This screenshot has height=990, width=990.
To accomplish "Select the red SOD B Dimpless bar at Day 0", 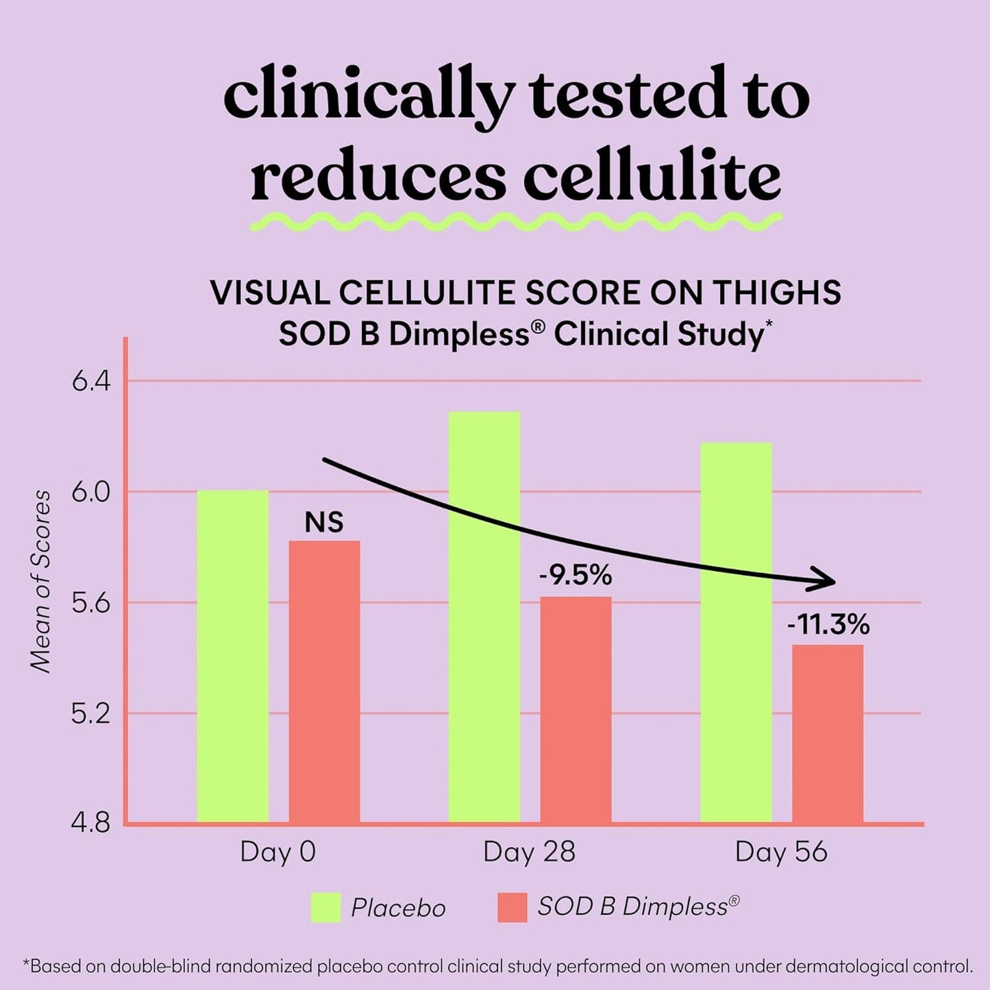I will [324, 681].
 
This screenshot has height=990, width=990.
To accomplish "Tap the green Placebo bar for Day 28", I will [484, 617].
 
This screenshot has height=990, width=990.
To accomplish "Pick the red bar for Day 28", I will [576, 709].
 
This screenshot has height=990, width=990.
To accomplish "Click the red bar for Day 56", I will [828, 733].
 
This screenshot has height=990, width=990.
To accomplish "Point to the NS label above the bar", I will [324, 523].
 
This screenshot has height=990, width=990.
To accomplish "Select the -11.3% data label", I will [828, 625].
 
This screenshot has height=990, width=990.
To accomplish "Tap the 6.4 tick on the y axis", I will [91, 382].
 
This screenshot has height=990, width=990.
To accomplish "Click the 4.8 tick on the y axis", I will [91, 824].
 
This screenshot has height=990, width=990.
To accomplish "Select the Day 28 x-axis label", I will [529, 852].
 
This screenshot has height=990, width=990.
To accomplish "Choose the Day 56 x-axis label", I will [781, 852].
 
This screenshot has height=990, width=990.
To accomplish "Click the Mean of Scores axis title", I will [42, 582].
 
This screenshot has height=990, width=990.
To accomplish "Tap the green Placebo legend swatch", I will [325, 908].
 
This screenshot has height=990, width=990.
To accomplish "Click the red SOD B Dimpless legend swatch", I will [512, 908].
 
